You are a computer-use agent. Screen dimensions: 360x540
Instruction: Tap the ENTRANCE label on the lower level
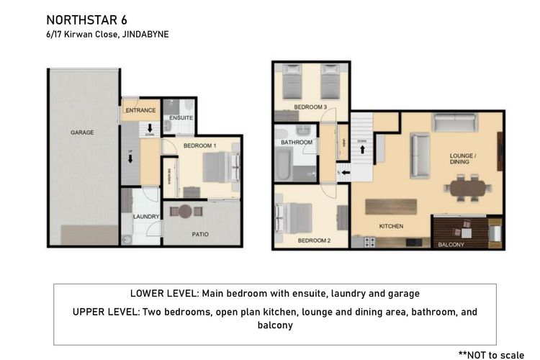[140, 110]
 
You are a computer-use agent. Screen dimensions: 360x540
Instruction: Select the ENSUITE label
[180, 117]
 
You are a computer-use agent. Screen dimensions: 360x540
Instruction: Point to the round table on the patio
[186, 212]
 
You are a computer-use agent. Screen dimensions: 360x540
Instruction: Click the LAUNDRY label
[145, 216]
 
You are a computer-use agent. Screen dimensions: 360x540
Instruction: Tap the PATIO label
[200, 234]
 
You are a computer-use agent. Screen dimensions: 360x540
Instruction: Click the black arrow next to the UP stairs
[131, 160]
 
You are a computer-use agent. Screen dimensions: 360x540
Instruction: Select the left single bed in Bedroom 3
[292, 84]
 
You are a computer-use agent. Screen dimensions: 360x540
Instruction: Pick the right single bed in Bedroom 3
[330, 84]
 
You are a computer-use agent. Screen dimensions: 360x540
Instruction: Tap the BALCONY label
[451, 245]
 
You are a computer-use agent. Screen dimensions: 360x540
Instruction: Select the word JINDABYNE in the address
[146, 34]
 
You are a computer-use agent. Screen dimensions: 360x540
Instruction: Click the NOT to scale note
[492, 354]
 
